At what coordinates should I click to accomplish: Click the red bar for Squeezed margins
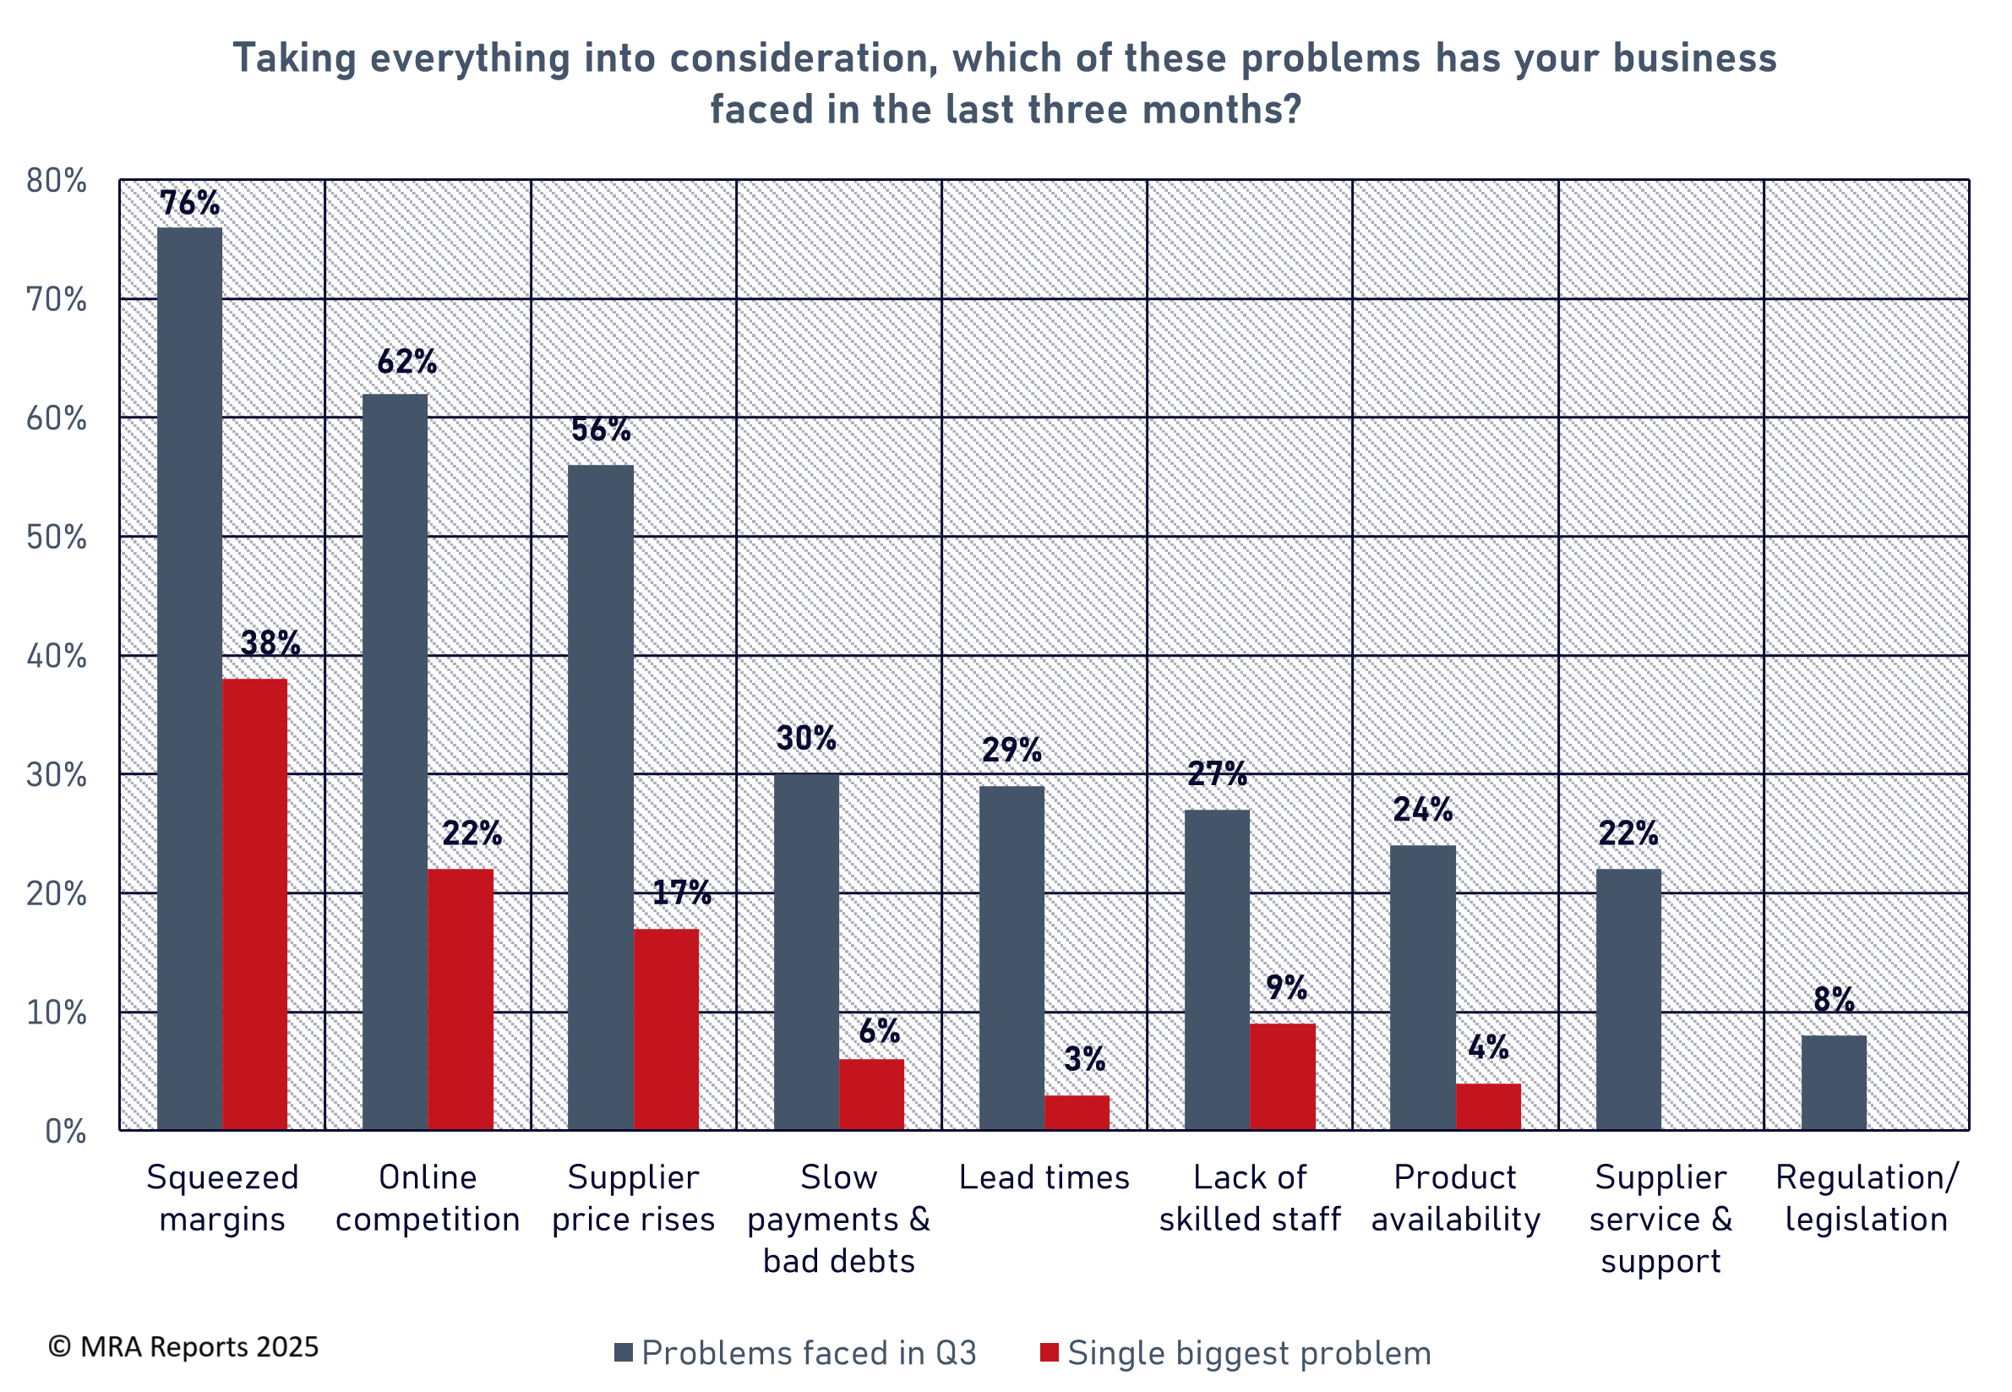254,903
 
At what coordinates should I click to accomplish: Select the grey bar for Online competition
395,762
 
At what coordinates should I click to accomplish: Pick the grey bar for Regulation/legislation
1833,1083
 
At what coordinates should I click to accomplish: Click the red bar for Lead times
1077,1112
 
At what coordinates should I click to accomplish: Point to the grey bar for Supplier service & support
1628,999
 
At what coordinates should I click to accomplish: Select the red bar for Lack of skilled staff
1282,1076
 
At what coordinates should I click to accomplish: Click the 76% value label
189,203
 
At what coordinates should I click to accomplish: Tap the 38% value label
270,644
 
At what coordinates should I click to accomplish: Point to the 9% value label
1286,987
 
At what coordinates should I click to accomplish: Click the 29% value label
1011,750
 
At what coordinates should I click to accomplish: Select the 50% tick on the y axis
57,538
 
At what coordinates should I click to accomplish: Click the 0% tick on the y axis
65,1131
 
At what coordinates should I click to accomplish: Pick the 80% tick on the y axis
57,181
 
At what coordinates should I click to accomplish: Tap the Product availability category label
1455,1198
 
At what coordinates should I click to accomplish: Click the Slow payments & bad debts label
838,1219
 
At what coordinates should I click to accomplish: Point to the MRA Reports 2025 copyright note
184,1346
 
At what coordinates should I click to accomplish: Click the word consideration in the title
804,58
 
